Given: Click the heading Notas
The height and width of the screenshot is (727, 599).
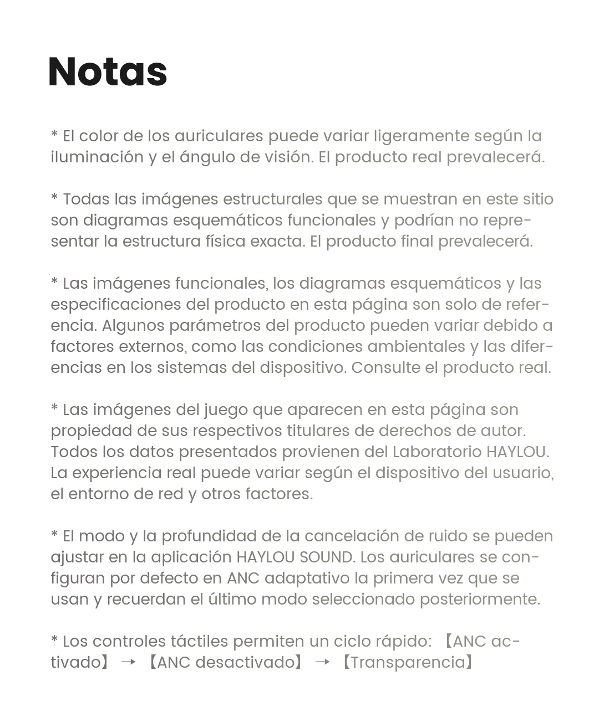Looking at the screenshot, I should (x=108, y=72).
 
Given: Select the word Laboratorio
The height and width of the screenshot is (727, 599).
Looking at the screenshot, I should (x=437, y=452).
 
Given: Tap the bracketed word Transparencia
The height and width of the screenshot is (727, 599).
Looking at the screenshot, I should (x=408, y=662).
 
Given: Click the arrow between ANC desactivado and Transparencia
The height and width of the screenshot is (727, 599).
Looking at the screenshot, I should (x=322, y=662).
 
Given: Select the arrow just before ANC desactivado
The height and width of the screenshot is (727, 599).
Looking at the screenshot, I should (x=128, y=662).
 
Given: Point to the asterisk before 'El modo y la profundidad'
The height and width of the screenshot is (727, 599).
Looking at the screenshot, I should (x=54, y=535).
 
